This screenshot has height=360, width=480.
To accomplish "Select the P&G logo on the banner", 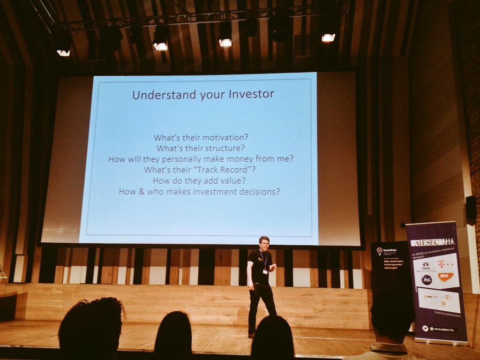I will pos(427,280).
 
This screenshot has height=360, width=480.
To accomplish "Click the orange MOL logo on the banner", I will pos(445,277).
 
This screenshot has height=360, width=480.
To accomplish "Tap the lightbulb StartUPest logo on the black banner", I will pos(379,251).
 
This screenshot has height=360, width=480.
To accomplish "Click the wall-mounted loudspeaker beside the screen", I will pos(471,207).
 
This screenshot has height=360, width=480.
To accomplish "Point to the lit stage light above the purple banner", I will pos(328,37).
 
